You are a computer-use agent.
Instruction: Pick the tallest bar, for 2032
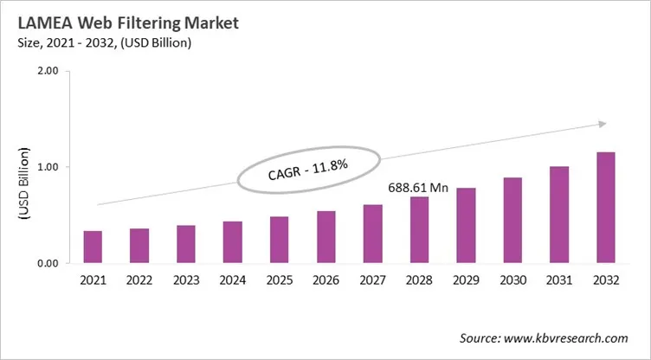[x=606, y=208]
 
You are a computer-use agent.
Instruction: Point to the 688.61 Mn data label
[x=418, y=186]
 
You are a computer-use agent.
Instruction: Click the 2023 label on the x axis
[x=186, y=281]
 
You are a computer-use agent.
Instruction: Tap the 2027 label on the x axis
[x=373, y=281]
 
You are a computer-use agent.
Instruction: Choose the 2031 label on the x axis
[x=559, y=281]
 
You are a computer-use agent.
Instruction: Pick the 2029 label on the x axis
[x=466, y=281]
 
